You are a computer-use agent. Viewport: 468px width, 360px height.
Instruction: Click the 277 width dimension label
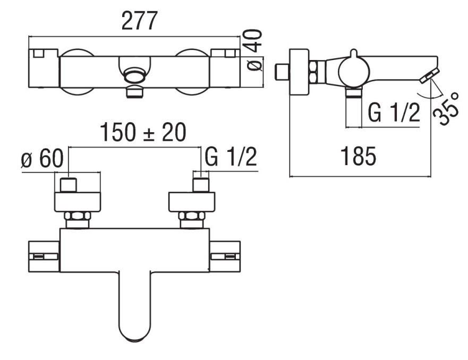(x=139, y=21)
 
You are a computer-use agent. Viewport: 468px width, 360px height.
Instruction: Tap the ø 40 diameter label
(x=254, y=50)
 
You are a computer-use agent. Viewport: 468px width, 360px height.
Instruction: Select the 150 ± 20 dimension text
(x=143, y=132)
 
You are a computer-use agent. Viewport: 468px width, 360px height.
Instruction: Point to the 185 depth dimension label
(x=358, y=156)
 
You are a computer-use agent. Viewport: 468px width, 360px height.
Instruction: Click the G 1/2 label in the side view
(x=394, y=113)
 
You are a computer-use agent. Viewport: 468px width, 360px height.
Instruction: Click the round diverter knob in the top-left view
(x=134, y=75)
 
